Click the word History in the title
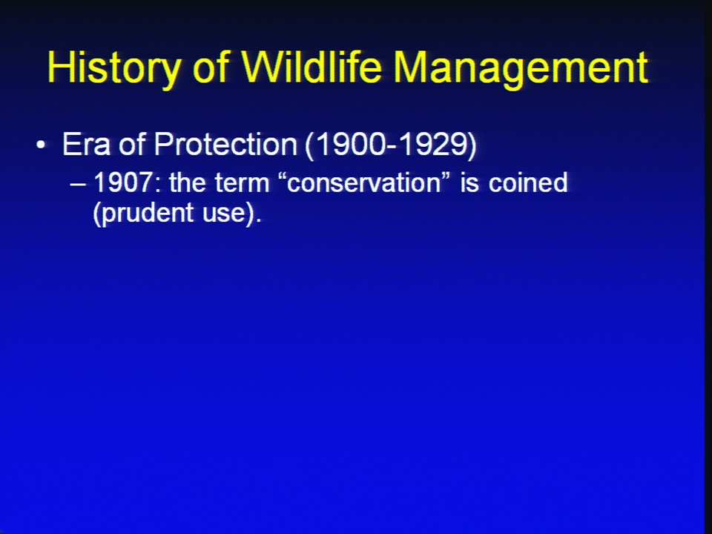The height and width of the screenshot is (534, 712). pos(113,68)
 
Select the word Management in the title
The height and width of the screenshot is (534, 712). pos(521,68)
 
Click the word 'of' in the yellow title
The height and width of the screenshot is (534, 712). pos(210,67)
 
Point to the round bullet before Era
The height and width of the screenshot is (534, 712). pos(41,145)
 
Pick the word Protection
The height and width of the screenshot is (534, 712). pos(225,145)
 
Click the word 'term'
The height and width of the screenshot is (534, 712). pos(242,182)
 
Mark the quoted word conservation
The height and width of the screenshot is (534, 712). pos(364,182)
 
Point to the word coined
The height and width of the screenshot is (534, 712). pos(528,182)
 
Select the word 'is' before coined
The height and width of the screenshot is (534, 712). pos(469,182)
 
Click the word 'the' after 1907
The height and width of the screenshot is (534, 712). pos(188,182)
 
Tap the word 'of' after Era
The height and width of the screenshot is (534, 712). pos(132,145)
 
